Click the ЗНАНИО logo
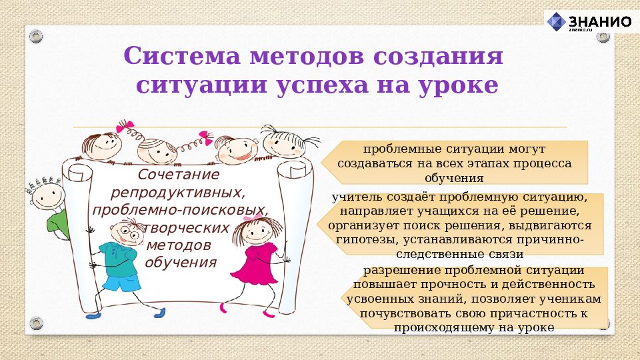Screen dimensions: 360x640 [x=589, y=22]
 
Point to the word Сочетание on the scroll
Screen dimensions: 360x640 [x=178, y=175]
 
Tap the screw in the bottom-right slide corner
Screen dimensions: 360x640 [x=603, y=325]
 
